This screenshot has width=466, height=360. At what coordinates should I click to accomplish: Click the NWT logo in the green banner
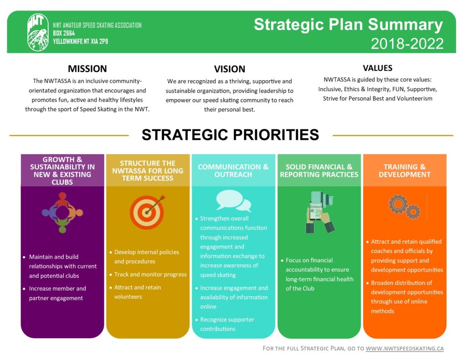[x=38, y=32]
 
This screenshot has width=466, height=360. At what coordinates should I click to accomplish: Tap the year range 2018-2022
[x=407, y=44]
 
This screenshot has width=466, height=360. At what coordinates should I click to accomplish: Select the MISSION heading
[x=87, y=69]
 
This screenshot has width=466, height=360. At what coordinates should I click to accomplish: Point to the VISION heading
[x=229, y=69]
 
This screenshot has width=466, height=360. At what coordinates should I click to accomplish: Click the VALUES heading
[x=377, y=68]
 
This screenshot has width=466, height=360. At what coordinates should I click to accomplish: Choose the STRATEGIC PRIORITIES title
[x=230, y=135]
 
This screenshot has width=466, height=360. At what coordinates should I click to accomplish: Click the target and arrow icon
[x=147, y=212]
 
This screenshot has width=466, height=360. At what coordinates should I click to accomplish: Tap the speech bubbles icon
[x=233, y=200]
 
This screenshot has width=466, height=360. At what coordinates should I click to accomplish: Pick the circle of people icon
[x=62, y=212]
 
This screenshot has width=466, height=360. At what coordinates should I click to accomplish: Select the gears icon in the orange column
[x=404, y=207]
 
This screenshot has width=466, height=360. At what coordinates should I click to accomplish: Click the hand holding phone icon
[x=320, y=212]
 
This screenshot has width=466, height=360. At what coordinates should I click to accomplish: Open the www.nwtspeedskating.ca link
[x=405, y=349]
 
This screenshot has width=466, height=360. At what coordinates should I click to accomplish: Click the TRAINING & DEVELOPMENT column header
[x=405, y=171]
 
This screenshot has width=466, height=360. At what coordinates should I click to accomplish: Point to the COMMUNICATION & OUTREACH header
[x=233, y=171]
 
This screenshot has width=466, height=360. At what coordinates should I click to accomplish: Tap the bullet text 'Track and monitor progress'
[x=150, y=274]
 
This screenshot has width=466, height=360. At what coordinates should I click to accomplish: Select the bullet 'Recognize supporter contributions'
[x=227, y=324]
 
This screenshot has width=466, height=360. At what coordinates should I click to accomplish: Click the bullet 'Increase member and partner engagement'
[x=57, y=293]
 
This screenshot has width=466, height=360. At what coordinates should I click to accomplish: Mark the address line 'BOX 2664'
[x=64, y=33]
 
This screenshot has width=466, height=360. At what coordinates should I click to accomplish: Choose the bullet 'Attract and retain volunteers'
[x=137, y=292]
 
